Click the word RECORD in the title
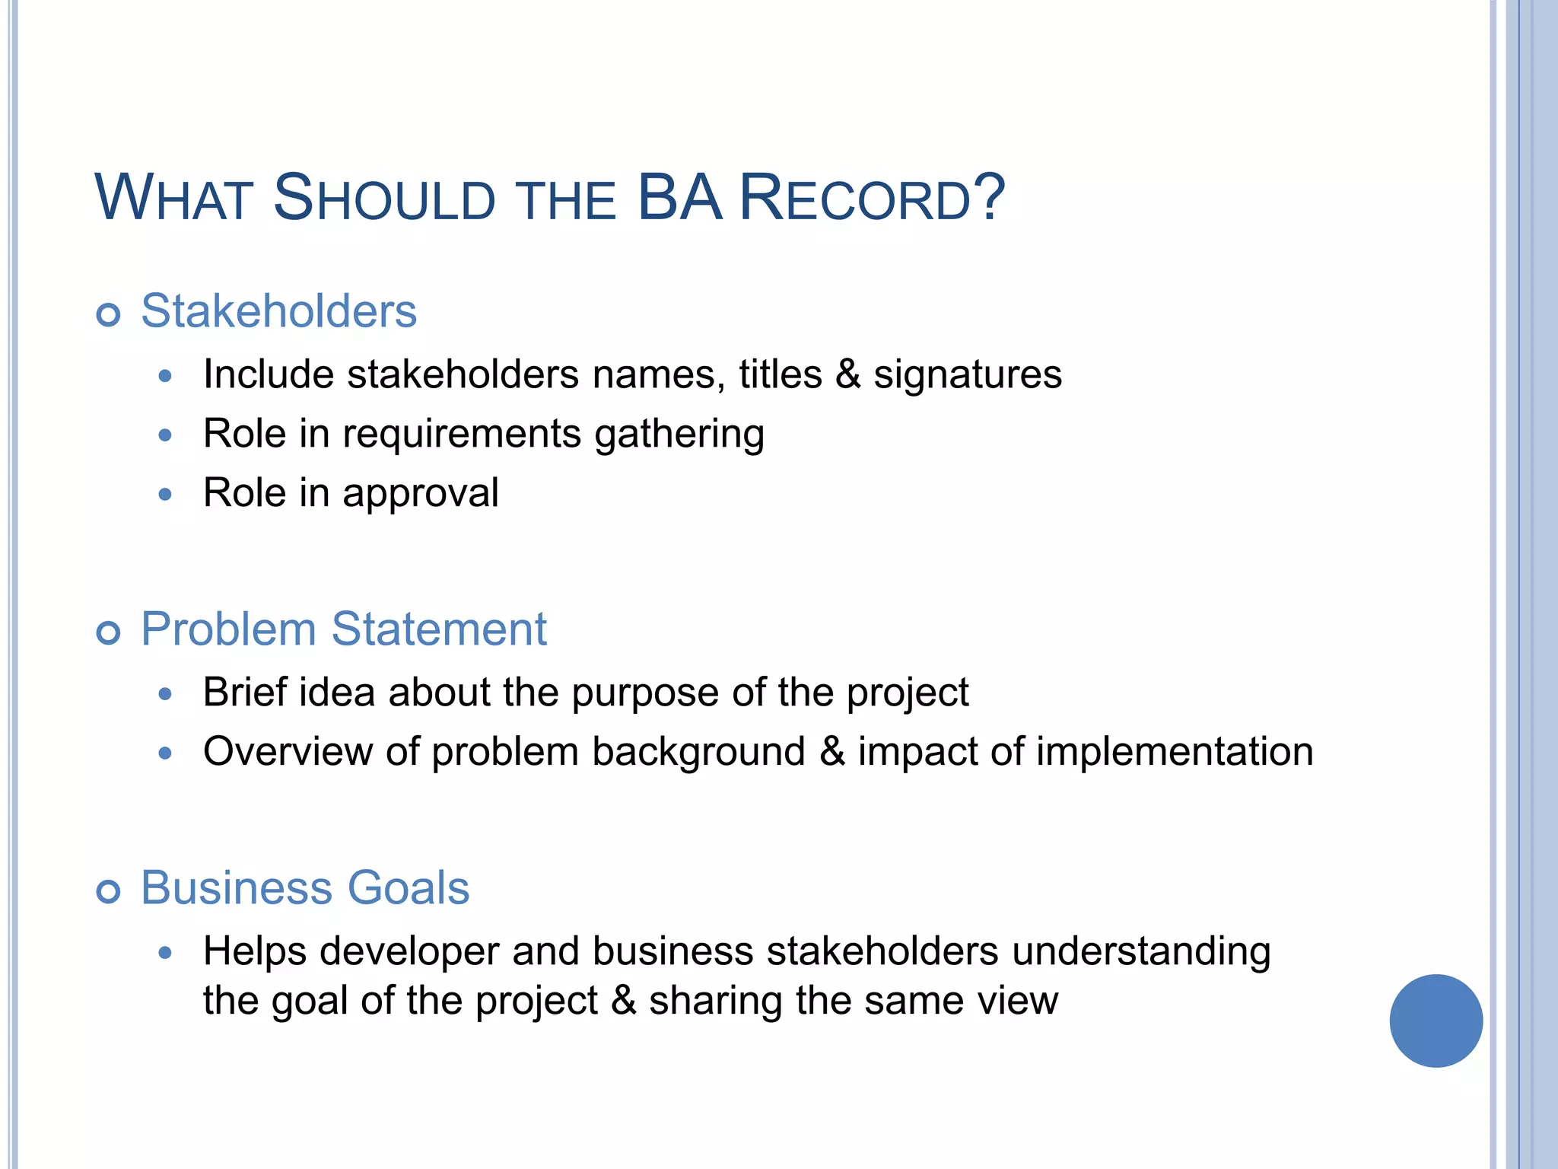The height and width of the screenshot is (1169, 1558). pyautogui.click(x=855, y=199)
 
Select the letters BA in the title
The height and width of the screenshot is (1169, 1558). pyautogui.click(x=679, y=199)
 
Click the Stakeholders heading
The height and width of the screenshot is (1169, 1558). pyautogui.click(x=278, y=311)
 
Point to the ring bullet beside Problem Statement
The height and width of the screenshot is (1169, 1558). pyautogui.click(x=109, y=632)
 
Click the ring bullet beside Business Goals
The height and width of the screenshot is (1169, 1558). pyautogui.click(x=109, y=891)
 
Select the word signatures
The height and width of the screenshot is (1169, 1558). pyautogui.click(x=967, y=375)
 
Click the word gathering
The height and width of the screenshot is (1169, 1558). pyautogui.click(x=679, y=435)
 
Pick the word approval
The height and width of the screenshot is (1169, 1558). pyautogui.click(x=420, y=494)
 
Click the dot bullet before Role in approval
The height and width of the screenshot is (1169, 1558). pyautogui.click(x=166, y=495)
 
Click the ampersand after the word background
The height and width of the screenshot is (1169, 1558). pyautogui.click(x=832, y=752)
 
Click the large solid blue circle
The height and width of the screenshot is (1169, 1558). pyautogui.click(x=1436, y=1021)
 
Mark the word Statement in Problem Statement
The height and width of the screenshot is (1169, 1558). pyautogui.click(x=439, y=629)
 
